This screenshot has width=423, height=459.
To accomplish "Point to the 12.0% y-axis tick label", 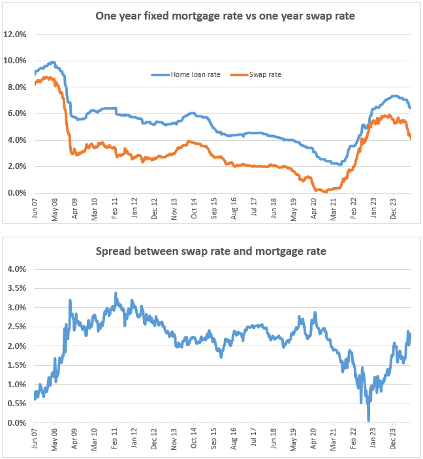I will pos(16,34).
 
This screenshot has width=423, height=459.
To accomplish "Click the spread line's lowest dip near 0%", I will pos(369,420).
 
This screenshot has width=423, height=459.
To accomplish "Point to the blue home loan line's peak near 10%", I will pos(53,63).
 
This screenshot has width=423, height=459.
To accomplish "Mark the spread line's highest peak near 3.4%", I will pos(116,293).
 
